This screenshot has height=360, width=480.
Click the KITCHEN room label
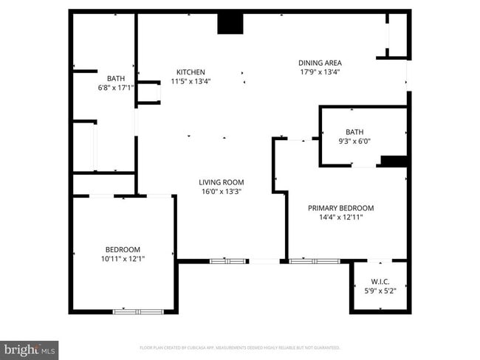[190, 72]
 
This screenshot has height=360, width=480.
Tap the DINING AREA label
[320, 63]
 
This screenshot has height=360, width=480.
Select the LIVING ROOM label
[221, 182]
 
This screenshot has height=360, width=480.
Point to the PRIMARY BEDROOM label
[340, 208]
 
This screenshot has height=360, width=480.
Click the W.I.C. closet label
[380, 282]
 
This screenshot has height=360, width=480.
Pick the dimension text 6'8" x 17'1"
[116, 88]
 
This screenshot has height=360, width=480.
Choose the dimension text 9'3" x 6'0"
[354, 141]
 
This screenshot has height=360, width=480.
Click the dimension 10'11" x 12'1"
[122, 258]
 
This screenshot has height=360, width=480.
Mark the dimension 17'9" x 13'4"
[320, 72]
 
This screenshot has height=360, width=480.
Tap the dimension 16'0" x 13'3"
[221, 192]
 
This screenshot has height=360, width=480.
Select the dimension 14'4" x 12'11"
[340, 217]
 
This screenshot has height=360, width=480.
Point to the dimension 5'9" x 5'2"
[380, 291]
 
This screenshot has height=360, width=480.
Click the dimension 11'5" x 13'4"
[190, 81]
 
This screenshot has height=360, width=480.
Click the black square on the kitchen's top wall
[230, 24]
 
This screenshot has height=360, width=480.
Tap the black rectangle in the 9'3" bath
[394, 161]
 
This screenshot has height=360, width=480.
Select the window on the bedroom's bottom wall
[138, 311]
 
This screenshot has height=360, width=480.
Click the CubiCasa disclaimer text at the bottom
[239, 347]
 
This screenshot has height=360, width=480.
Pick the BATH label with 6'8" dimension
[116, 79]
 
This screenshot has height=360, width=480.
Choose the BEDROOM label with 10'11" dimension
[122, 249]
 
